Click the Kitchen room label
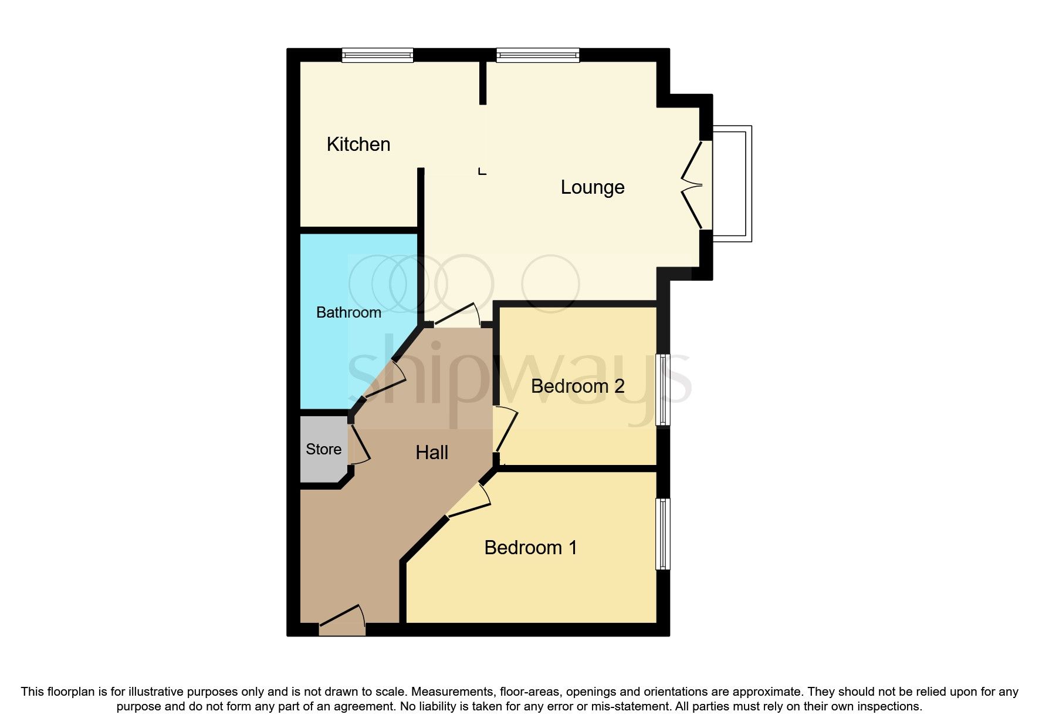coord(358,144)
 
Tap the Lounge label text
coord(592,187)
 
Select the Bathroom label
coord(348,312)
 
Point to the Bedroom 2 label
coord(577,386)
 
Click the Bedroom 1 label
coord(530,548)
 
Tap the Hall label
coord(432,453)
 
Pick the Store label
coord(323,449)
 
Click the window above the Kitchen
coord(378,55)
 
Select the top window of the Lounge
coord(537,55)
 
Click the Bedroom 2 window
coord(662,389)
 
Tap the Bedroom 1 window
coord(662,534)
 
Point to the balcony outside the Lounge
coord(732,184)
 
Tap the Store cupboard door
coord(359,444)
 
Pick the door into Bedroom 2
coord(505,431)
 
